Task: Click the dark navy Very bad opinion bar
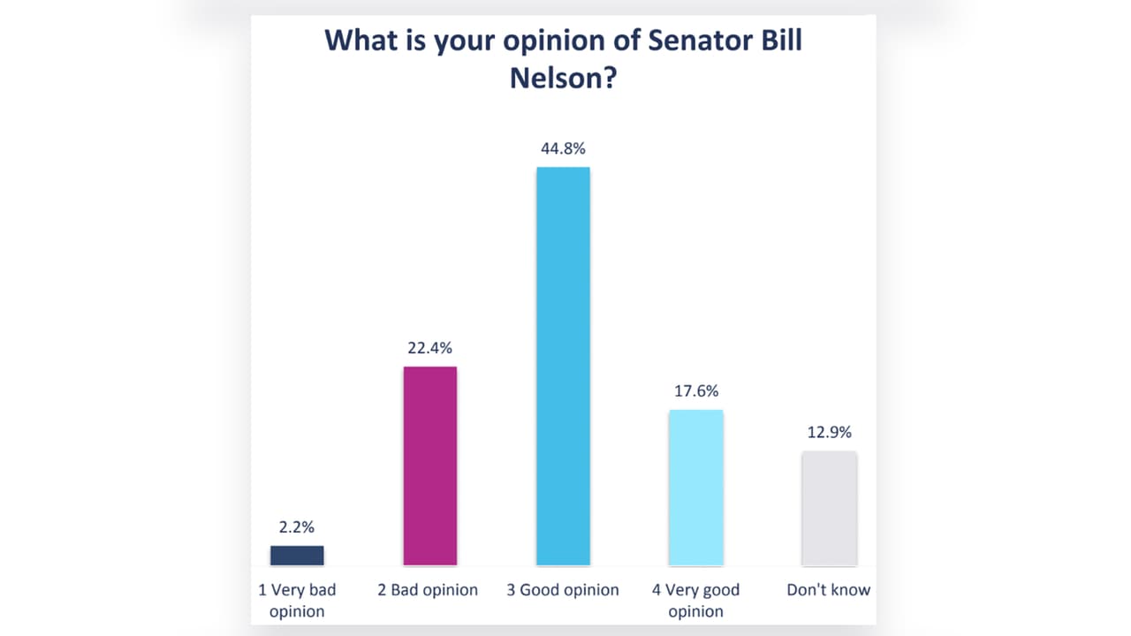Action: coord(297,556)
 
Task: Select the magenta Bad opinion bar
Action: coord(430,466)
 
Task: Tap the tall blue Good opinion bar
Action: coord(563,366)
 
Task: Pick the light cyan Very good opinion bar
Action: coord(695,488)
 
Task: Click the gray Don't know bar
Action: coord(829,508)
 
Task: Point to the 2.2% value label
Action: coord(297,527)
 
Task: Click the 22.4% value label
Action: coord(429,347)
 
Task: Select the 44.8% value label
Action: coord(563,148)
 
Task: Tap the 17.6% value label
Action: coord(696,390)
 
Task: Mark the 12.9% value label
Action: coord(829,433)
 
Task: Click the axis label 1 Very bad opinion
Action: coord(297,600)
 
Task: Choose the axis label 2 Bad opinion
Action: coord(428,590)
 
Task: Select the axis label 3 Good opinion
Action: coord(563,590)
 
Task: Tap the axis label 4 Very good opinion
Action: coord(695,600)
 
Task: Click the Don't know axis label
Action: coord(829,589)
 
